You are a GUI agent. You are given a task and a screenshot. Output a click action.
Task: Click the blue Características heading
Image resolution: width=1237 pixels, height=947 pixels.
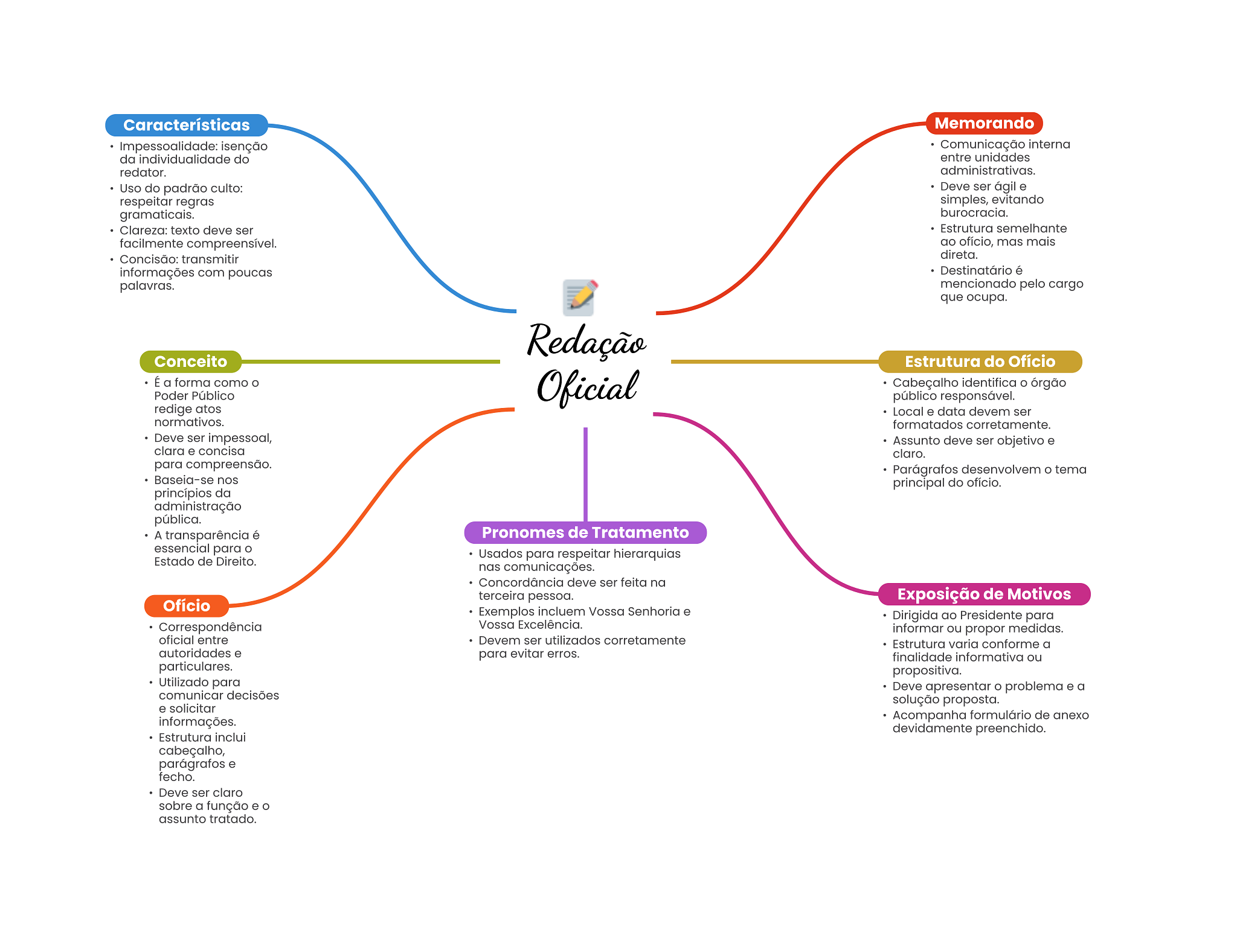187,125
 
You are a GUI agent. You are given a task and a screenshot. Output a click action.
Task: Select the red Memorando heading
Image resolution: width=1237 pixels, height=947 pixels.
984,123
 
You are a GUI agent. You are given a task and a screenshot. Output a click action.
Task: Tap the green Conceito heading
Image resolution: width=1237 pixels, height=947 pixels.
190,362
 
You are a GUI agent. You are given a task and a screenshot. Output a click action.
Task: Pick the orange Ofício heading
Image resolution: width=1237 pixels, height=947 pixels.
187,606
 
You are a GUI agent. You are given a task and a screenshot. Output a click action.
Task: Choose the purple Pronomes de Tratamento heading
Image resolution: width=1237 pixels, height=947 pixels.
585,532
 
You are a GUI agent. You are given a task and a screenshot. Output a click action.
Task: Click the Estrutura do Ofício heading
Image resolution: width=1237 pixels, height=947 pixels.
980,362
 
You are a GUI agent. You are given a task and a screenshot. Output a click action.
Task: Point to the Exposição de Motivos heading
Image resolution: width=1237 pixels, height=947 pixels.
984,594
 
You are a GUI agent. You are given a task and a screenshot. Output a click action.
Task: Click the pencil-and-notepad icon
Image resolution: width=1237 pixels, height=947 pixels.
580,297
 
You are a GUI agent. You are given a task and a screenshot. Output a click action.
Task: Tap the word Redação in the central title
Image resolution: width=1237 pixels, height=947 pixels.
586,341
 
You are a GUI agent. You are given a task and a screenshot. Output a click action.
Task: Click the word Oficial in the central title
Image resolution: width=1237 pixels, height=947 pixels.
588,387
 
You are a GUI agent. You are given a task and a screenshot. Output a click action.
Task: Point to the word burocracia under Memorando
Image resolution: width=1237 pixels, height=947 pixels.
974,212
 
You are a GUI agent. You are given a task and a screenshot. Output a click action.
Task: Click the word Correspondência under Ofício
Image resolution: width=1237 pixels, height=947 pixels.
210,627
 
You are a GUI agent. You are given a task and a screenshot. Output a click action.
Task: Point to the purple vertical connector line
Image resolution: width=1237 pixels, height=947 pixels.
585,474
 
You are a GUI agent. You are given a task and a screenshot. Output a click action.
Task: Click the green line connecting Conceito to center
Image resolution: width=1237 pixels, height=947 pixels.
371,362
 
